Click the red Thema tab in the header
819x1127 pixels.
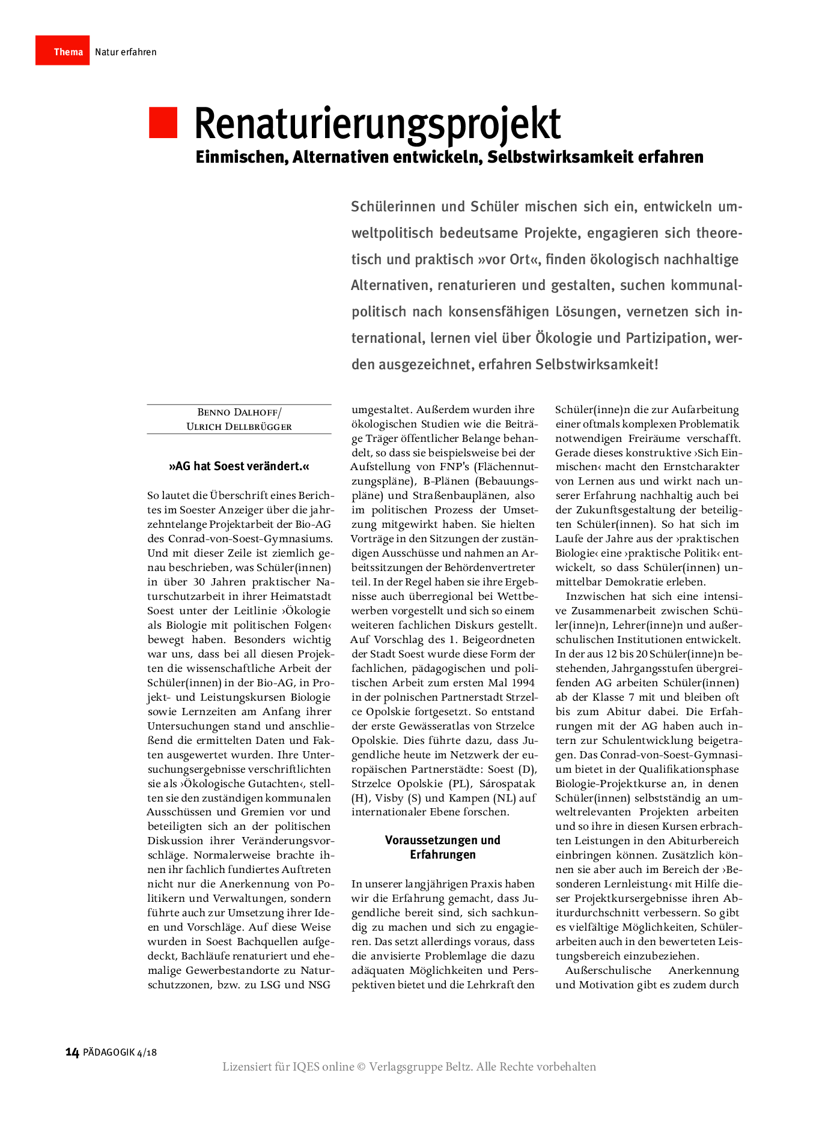(62, 50)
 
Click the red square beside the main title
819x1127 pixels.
(163, 122)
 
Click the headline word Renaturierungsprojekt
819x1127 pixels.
(377, 124)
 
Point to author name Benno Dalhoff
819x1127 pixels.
(239, 412)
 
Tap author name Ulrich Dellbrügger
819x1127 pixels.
(239, 426)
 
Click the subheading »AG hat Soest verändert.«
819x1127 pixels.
(239, 466)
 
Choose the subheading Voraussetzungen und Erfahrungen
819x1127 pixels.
(443, 847)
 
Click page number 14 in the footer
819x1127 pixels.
(72, 1052)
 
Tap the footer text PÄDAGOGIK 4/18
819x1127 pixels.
(120, 1052)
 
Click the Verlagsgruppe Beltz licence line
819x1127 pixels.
(409, 1066)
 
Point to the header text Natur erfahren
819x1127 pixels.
(126, 52)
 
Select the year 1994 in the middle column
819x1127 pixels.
(523, 683)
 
